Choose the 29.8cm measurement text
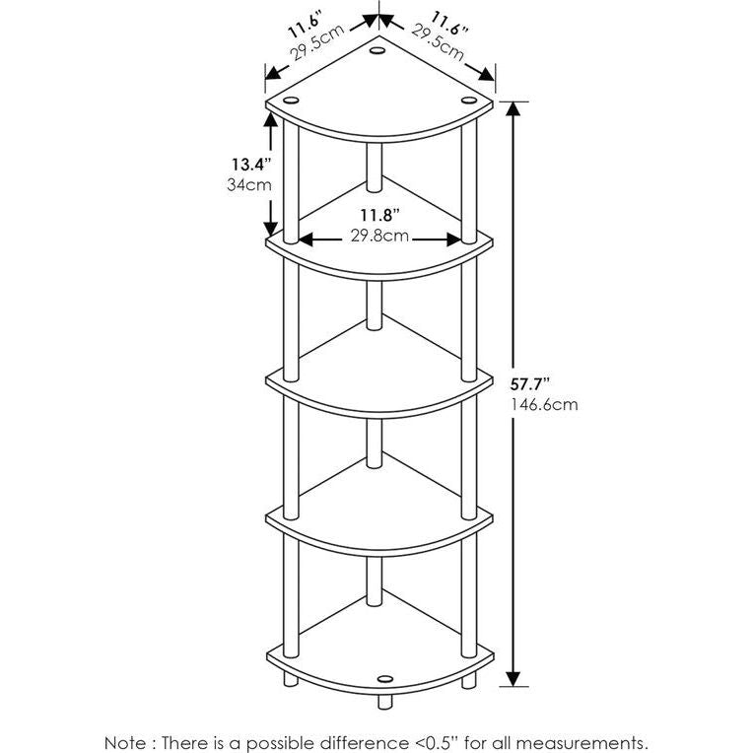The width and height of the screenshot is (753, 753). (x=379, y=237)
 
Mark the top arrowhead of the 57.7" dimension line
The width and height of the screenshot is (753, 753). (x=512, y=105)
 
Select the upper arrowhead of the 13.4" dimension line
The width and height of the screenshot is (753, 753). (x=267, y=116)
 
